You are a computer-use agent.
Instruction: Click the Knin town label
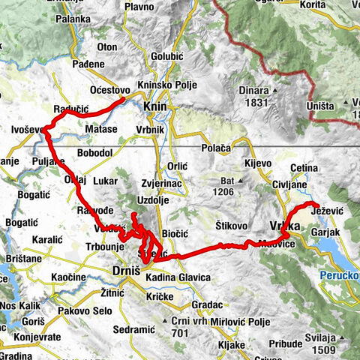(x=154, y=107)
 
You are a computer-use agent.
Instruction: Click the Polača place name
(x=216, y=148)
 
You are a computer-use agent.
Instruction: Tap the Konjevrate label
(x=34, y=337)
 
